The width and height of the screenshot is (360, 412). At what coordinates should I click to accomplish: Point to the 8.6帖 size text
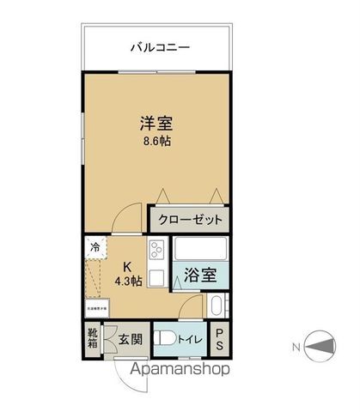[x=156, y=142]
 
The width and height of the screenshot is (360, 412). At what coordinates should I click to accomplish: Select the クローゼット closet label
[x=191, y=220]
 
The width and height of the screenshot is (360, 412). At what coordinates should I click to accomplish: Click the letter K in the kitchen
[x=125, y=265]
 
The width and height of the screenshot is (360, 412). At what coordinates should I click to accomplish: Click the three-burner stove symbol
[x=157, y=251]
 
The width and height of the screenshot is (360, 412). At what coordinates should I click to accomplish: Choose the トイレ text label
[x=190, y=339]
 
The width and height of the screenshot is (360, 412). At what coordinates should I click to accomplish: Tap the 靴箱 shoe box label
[x=92, y=337]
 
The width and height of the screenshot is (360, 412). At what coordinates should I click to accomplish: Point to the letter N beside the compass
[x=296, y=347]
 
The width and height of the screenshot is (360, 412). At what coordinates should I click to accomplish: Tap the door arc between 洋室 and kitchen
[x=128, y=218]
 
